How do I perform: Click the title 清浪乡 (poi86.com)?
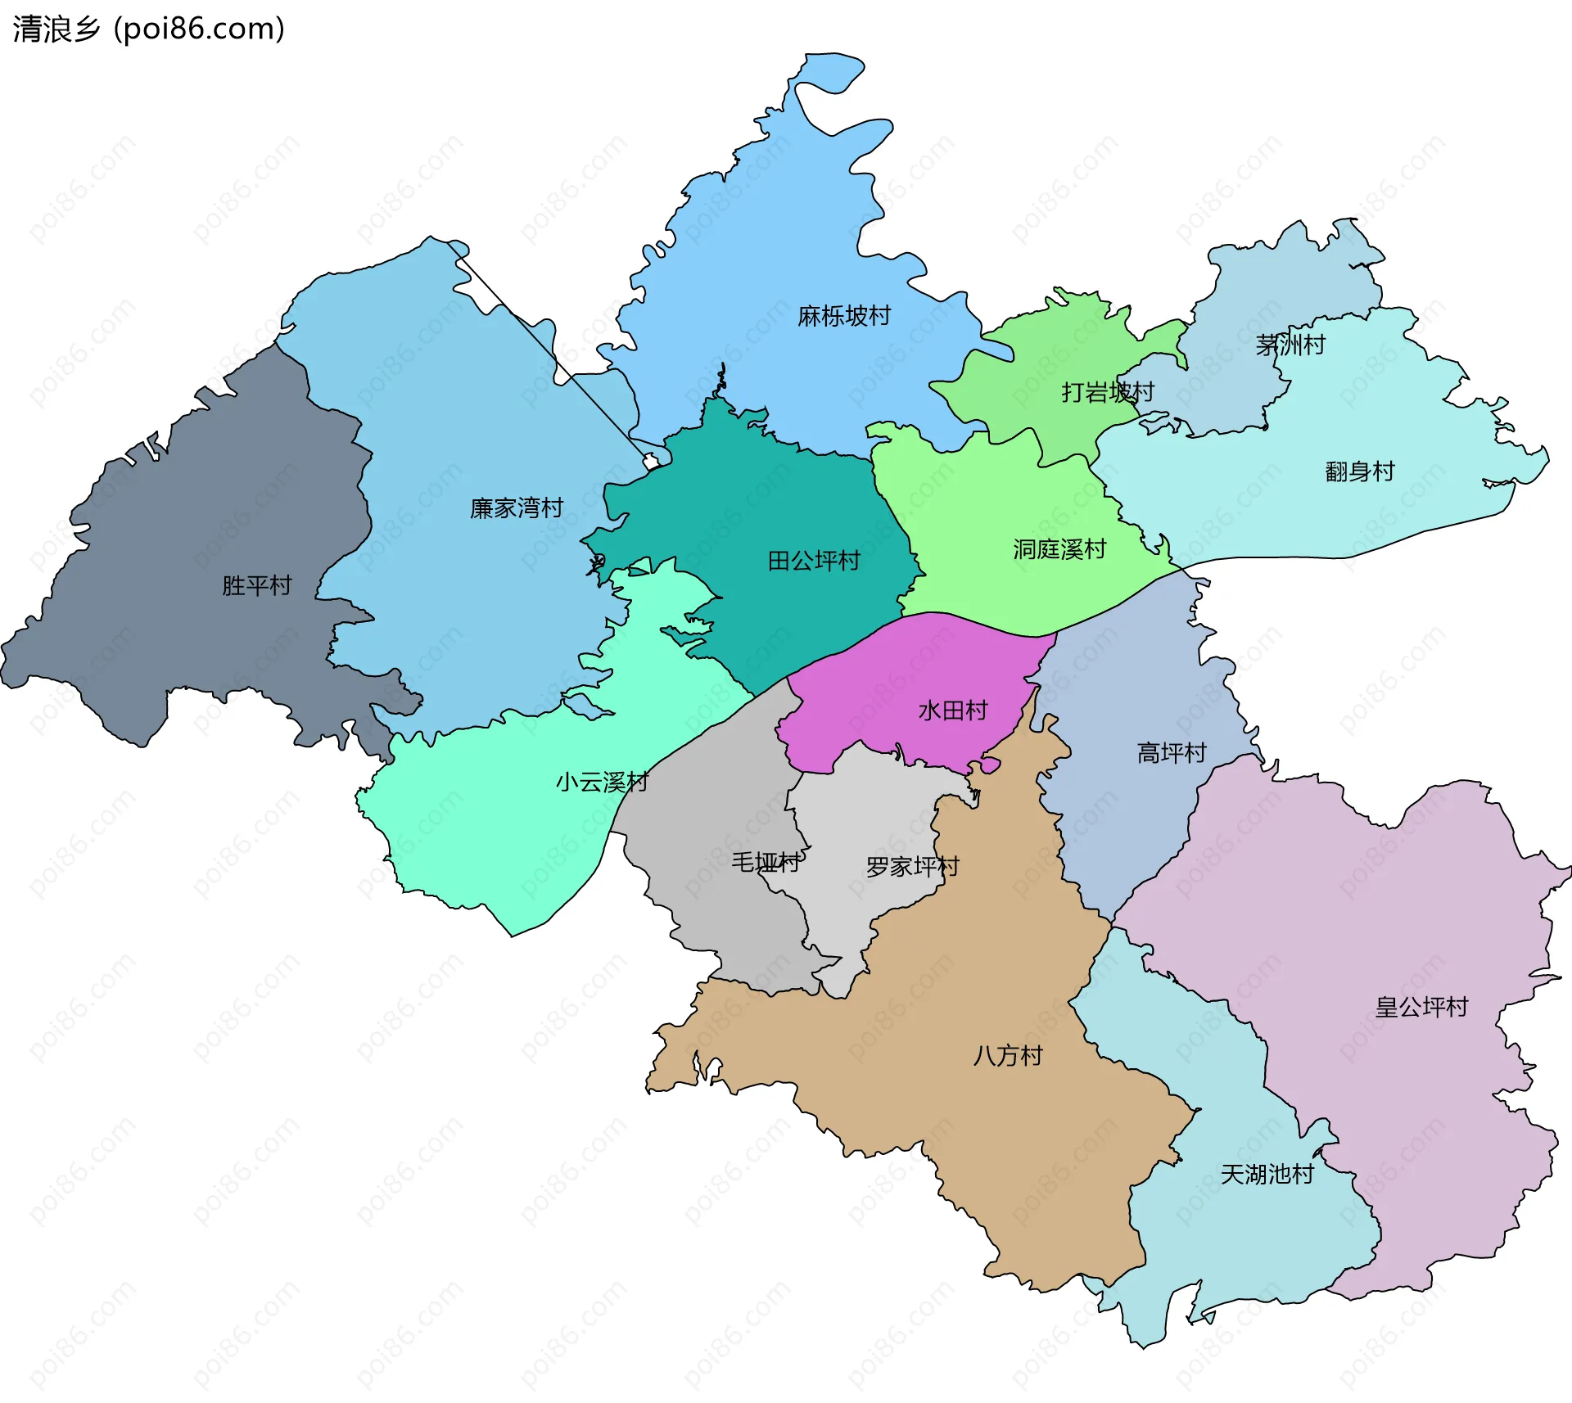point(148,29)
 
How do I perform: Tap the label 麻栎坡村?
point(844,316)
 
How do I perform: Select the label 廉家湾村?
point(517,508)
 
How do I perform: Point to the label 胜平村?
point(256,586)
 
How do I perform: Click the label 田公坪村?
point(814,561)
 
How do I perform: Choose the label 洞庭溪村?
point(1059,549)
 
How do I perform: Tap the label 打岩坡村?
point(1108,392)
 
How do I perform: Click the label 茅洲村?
point(1290,345)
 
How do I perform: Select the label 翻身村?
point(1359,471)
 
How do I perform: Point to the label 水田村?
point(953,711)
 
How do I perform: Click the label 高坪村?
point(1172,753)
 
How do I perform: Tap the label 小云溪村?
point(602,783)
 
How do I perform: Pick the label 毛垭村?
point(766,862)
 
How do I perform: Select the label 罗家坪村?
point(912,867)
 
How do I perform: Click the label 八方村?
point(1008,1056)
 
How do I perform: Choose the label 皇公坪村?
point(1421,1007)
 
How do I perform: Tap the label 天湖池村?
point(1267,1175)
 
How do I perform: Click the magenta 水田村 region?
point(901,671)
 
